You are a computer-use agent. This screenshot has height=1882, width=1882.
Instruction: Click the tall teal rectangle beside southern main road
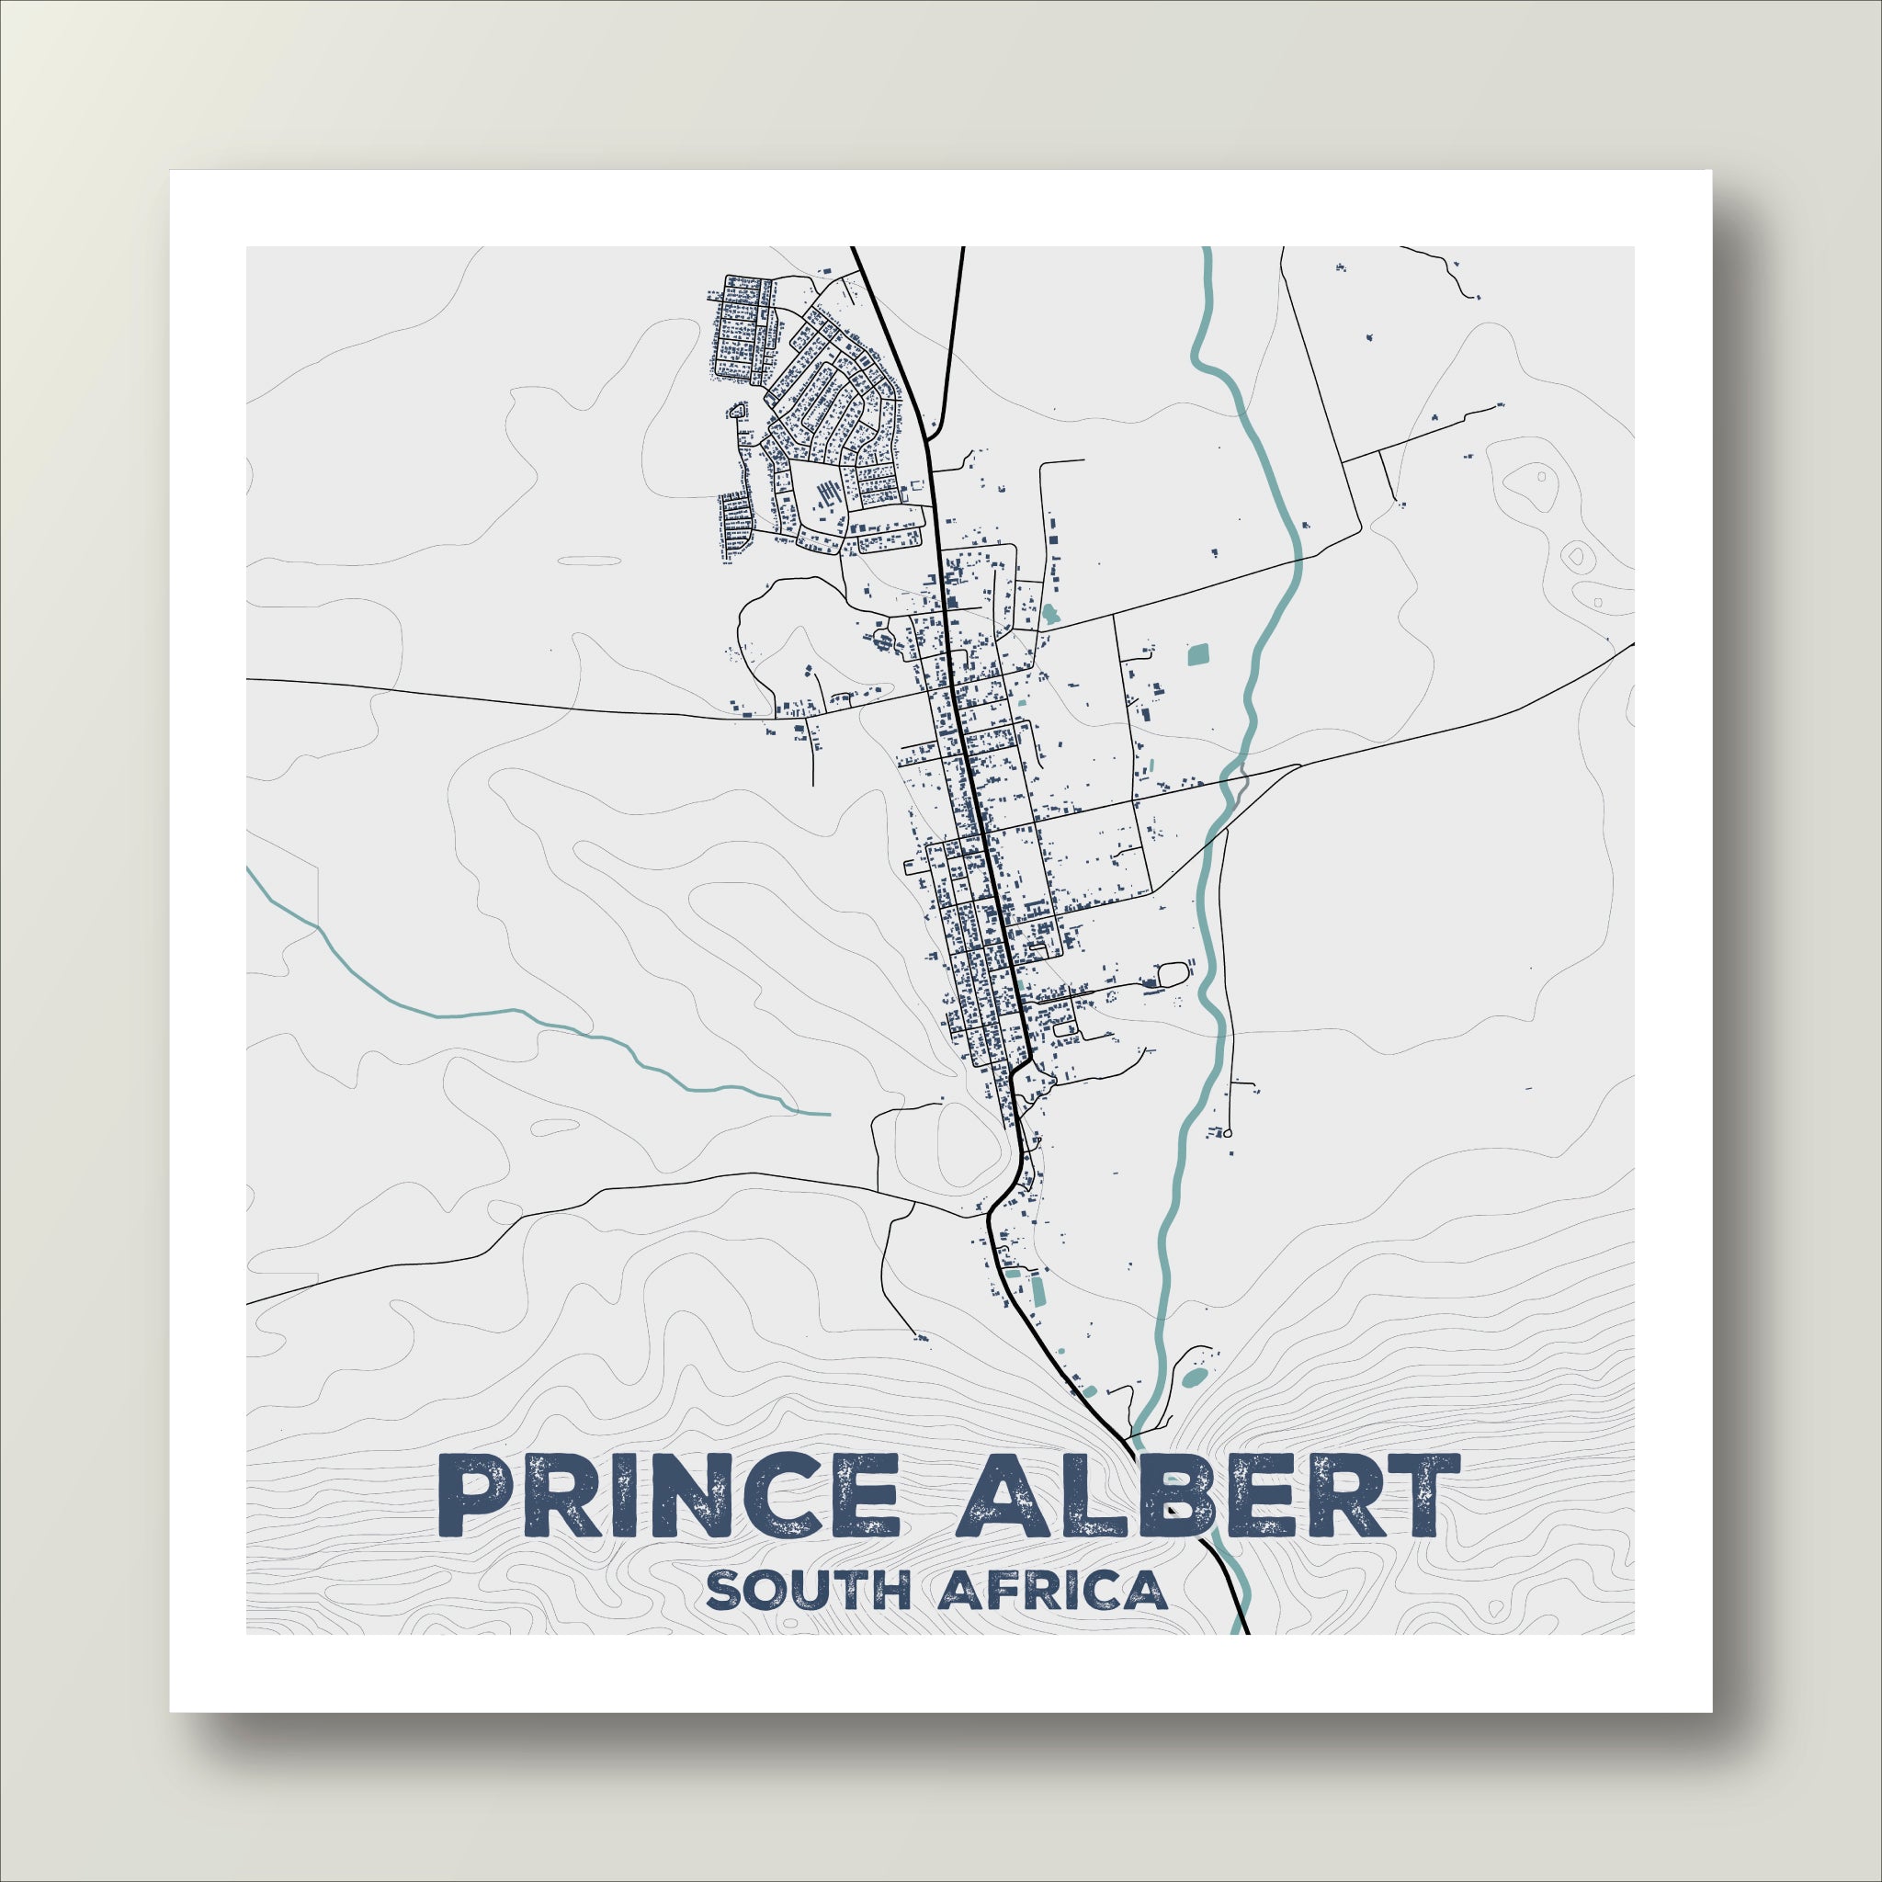pos(1038,1292)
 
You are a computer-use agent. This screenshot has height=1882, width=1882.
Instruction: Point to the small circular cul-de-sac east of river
pos(1228,1134)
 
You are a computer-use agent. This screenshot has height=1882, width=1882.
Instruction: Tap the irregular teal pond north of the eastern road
pos(1049,614)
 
